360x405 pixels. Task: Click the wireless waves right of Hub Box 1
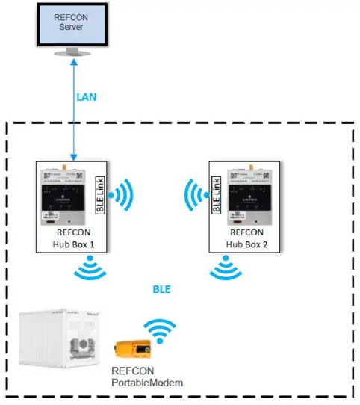pos(122,197)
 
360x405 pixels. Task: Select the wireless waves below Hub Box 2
pos(226,269)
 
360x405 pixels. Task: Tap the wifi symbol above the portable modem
pos(159,329)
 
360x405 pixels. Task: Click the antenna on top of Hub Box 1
pos(64,158)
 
